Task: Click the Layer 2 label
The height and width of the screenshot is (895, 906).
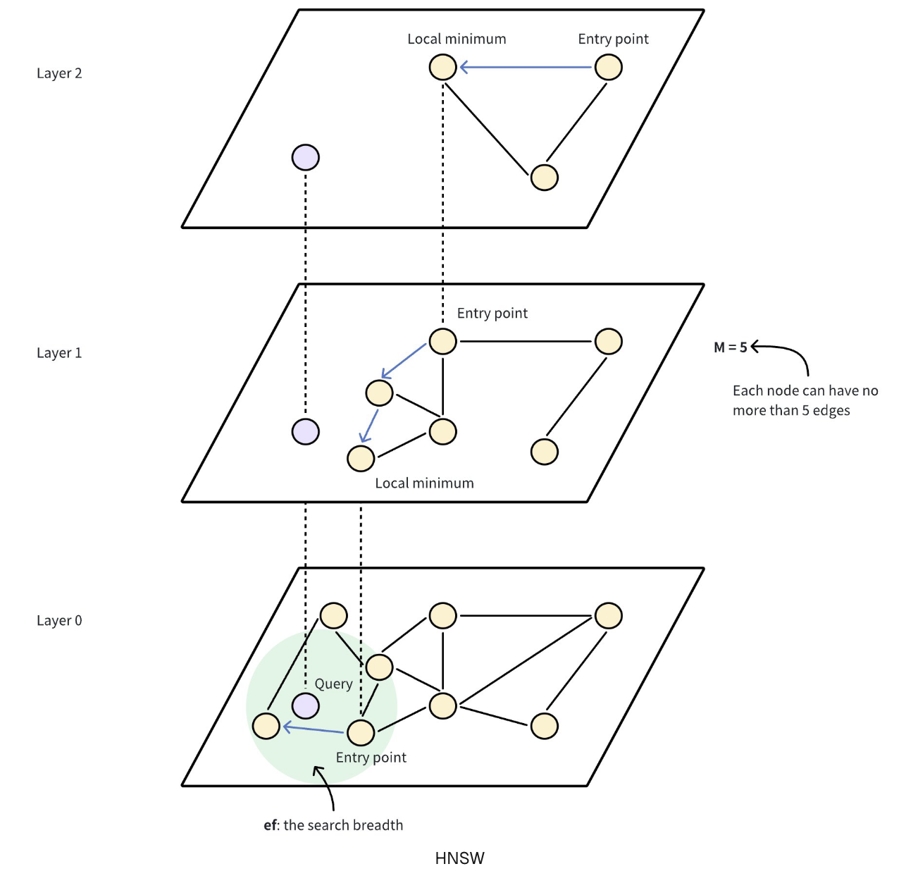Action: pyautogui.click(x=59, y=73)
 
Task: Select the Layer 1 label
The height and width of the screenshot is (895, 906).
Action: pyautogui.click(x=59, y=353)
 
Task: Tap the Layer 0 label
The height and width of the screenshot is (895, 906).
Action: pyautogui.click(x=59, y=621)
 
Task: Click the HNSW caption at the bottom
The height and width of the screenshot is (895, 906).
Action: pyautogui.click(x=459, y=858)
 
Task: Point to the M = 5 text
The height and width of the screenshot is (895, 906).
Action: pyautogui.click(x=730, y=347)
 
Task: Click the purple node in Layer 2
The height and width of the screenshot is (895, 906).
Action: pyautogui.click(x=306, y=157)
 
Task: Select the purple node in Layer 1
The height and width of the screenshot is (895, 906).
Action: pyautogui.click(x=306, y=431)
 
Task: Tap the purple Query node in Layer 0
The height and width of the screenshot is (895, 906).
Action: pyautogui.click(x=306, y=705)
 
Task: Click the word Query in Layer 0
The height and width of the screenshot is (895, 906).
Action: pyautogui.click(x=333, y=684)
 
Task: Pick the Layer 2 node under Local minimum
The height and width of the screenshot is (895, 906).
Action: pyautogui.click(x=443, y=68)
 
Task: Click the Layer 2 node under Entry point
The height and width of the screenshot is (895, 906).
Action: pyautogui.click(x=609, y=68)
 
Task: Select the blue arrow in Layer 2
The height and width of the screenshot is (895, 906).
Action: pyautogui.click(x=526, y=68)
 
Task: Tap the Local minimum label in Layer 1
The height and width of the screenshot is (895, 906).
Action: pyautogui.click(x=424, y=483)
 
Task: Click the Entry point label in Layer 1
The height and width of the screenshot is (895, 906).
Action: pyautogui.click(x=492, y=314)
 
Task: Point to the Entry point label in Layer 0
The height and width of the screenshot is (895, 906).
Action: pyautogui.click(x=371, y=758)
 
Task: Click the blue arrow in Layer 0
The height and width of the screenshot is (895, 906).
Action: pyautogui.click(x=314, y=729)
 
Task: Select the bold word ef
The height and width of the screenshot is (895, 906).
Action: pyautogui.click(x=270, y=825)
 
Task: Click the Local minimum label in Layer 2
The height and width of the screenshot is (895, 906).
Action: pyautogui.click(x=457, y=39)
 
